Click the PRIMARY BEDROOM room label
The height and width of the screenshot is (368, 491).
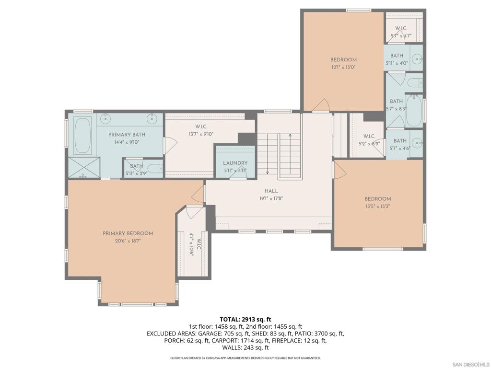coord(128,233)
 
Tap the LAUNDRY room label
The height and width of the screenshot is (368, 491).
coord(235,163)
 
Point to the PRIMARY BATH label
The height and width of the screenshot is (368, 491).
coord(127,135)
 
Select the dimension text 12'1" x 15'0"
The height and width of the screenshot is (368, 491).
coord(343,67)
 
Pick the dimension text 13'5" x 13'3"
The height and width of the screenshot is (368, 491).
coord(377,207)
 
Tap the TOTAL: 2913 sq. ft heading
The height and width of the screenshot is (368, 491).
coord(245,319)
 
